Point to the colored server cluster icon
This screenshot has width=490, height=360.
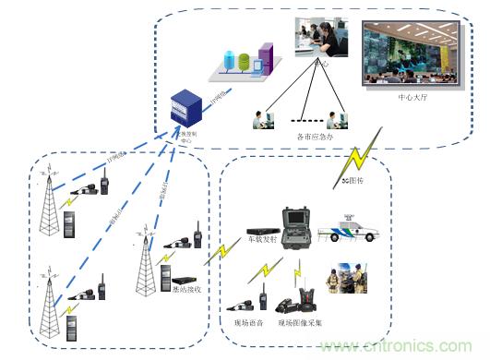245,60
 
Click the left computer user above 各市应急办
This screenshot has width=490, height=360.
260,120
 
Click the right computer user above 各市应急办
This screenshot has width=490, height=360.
337,120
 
